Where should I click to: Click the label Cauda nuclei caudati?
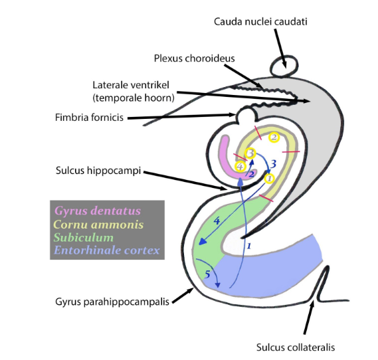click(260, 22)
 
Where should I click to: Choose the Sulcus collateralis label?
click(296, 347)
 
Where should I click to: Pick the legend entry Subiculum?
click(84, 237)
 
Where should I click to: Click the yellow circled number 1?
click(269, 178)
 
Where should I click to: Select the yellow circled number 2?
click(273, 137)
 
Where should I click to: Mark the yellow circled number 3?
click(250, 153)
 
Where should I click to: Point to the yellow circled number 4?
click(240, 166)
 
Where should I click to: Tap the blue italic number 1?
click(248, 246)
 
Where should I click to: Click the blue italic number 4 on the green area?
click(215, 220)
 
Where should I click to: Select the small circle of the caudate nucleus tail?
click(284, 65)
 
